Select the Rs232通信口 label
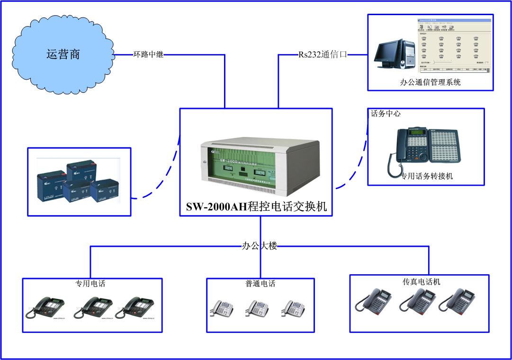(x=323, y=54)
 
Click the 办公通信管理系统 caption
(x=430, y=82)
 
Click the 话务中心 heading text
(x=386, y=114)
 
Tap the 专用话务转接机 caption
(x=427, y=176)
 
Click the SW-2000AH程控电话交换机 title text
(x=256, y=207)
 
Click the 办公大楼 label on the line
(x=259, y=246)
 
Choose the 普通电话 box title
(x=260, y=284)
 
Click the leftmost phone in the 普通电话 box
(x=222, y=308)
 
